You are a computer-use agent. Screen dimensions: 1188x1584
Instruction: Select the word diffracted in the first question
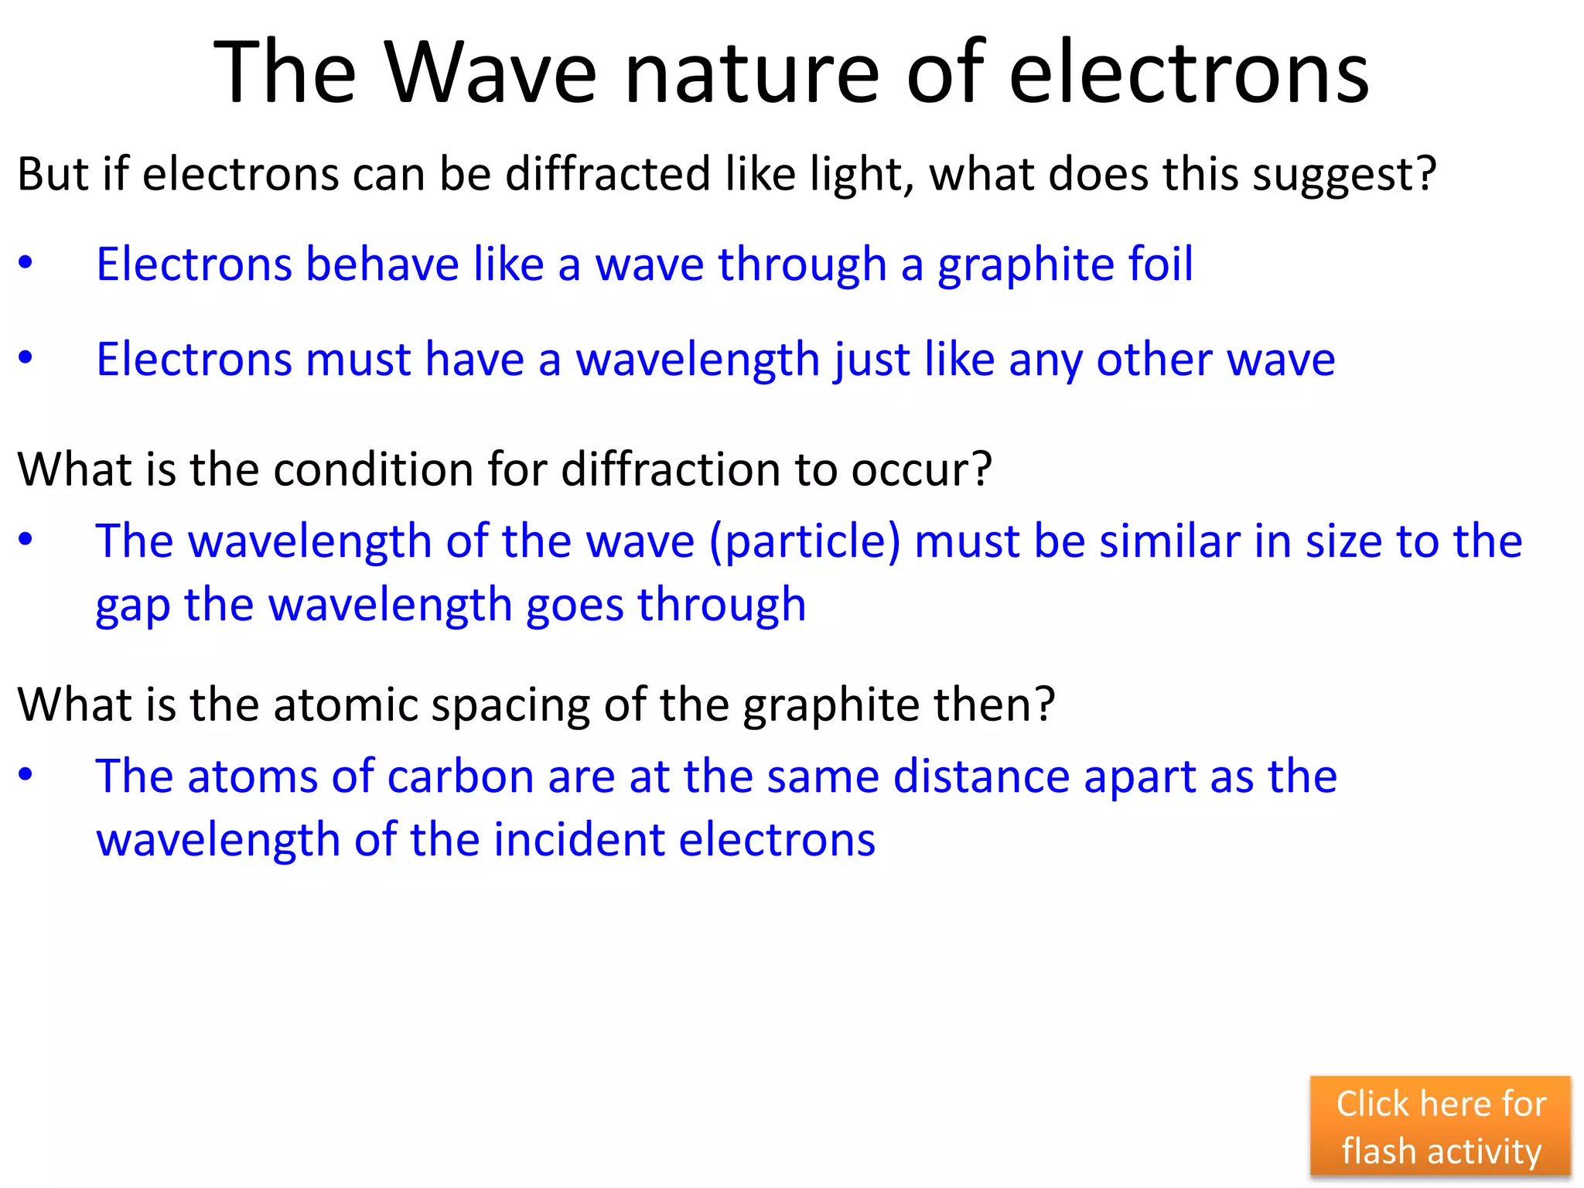(x=607, y=173)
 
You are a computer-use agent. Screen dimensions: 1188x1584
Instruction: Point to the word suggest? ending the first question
(x=1344, y=175)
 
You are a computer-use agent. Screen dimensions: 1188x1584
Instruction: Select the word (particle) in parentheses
(x=804, y=541)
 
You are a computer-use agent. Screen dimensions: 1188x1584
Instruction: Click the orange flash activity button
(x=1440, y=1126)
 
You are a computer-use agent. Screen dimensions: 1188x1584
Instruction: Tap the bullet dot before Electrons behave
(x=26, y=264)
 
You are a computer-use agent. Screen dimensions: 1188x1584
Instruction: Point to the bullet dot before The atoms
(x=26, y=775)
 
